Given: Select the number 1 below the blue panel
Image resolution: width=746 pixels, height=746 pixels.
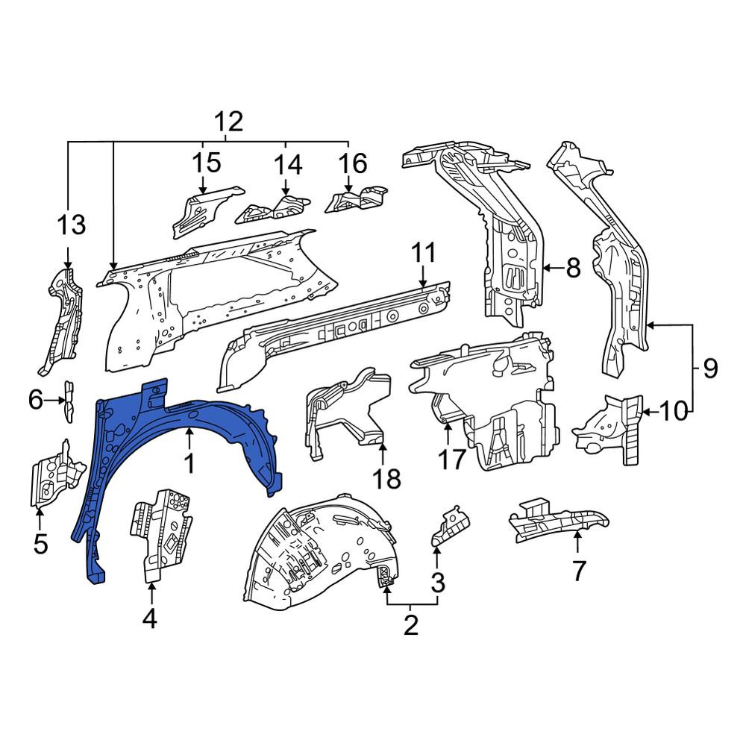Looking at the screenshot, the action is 189,463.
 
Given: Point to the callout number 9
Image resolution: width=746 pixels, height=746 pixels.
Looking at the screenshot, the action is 710,369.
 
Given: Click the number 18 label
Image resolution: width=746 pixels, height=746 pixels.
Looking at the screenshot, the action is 386,478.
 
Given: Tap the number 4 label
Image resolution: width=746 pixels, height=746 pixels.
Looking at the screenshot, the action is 150,619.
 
